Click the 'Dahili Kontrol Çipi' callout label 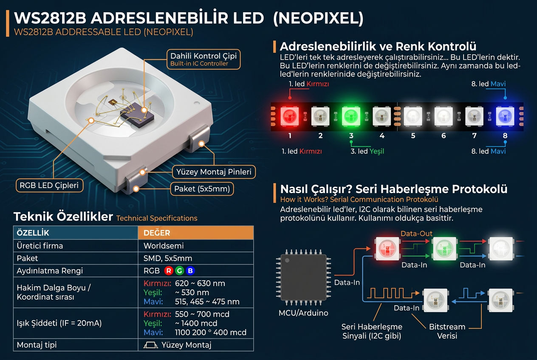pos(203,59)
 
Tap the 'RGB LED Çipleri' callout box pos(49,186)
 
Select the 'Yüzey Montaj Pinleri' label pos(214,172)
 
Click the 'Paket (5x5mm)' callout pos(202,189)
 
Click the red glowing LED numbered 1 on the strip pos(290,116)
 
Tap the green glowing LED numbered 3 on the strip pos(351,116)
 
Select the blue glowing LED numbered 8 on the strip pos(505,116)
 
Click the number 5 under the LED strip pos(413,136)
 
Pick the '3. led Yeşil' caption pos(367,151)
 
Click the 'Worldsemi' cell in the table pos(164,246)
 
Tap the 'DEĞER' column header pos(157,233)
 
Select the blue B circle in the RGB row pos(190,271)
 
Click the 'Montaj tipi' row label pos(37,345)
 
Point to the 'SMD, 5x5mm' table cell pos(168,258)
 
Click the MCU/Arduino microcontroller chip pos(303,278)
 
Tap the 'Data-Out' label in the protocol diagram pos(416,233)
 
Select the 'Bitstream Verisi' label pos(447,331)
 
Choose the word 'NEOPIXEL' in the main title pos(318,18)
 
